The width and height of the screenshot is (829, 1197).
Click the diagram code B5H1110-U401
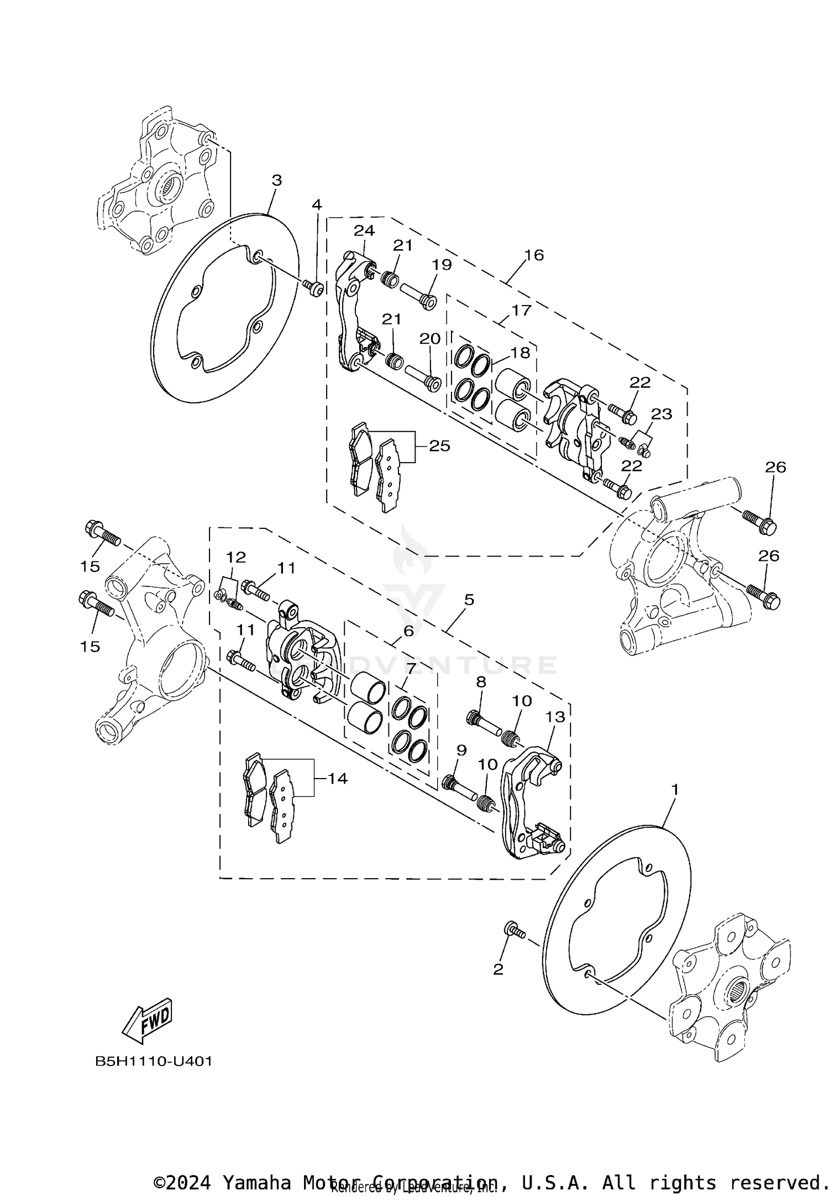[154, 1062]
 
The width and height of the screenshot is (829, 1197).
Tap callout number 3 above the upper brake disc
[277, 180]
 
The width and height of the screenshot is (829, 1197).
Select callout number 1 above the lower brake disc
[674, 790]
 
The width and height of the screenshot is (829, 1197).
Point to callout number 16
[534, 255]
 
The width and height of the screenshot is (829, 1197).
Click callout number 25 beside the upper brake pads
[439, 445]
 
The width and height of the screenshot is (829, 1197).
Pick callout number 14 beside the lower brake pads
[337, 778]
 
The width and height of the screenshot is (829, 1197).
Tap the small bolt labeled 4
[315, 286]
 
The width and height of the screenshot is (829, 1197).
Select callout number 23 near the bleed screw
[661, 414]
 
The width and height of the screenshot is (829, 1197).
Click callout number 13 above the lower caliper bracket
[555, 717]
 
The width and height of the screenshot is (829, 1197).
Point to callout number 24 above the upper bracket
[364, 230]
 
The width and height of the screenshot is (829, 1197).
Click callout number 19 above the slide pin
[442, 264]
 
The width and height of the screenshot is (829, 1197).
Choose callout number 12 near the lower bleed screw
[236, 556]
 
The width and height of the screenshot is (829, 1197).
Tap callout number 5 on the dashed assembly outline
[469, 600]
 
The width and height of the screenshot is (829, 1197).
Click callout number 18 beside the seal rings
[520, 352]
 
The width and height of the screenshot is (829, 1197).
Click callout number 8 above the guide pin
[481, 682]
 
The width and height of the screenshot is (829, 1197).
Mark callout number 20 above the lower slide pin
[430, 338]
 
